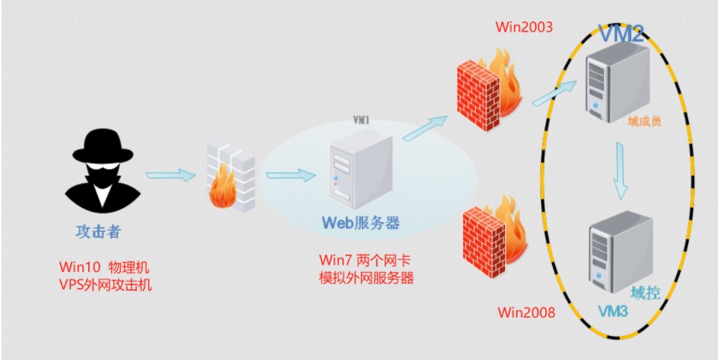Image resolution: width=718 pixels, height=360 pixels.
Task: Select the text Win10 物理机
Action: (105, 267)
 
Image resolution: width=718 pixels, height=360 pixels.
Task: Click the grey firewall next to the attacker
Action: (230, 179)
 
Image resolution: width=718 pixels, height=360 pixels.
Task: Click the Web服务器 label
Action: (360, 223)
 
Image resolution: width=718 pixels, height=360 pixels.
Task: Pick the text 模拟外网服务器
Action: (366, 278)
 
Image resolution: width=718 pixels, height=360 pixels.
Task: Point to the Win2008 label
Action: (527, 311)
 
